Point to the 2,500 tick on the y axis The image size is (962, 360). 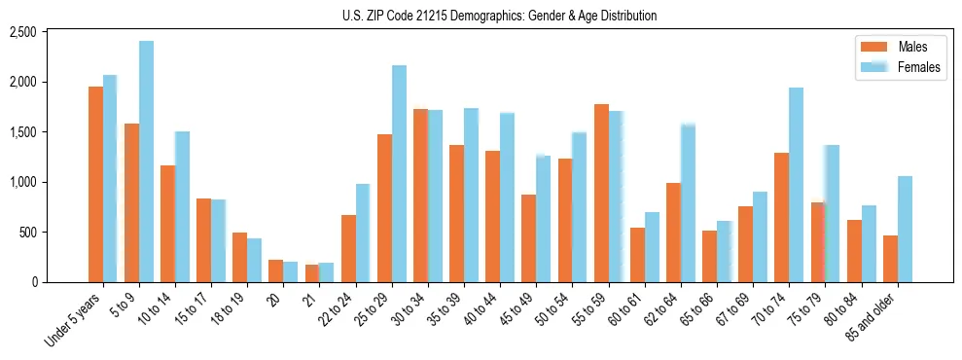(x=50, y=32)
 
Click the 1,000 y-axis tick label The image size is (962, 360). (x=50, y=182)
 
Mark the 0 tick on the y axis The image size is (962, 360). (x=59, y=282)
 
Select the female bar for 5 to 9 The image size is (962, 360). (x=146, y=162)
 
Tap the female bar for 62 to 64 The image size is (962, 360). (x=688, y=203)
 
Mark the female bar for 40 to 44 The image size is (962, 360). (x=507, y=198)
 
